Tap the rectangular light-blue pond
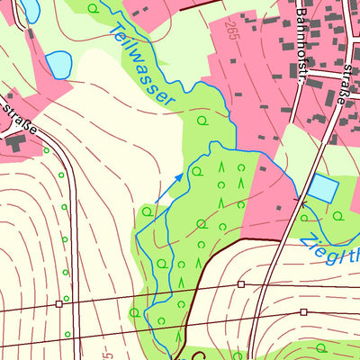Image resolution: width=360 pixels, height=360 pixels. coord(323,188)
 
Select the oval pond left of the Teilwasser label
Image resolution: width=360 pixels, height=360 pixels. coord(58,64)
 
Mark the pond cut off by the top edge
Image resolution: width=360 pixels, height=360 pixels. coord(30,9)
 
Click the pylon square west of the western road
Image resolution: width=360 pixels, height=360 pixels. coord(59,303)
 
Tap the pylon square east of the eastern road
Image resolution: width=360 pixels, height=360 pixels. coord(303,312)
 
